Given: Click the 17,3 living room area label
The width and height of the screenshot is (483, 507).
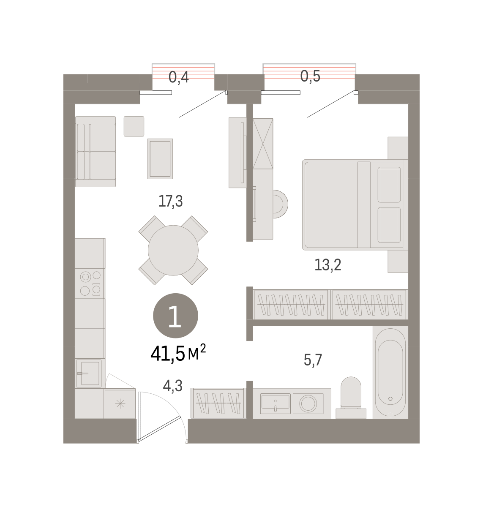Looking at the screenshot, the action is coord(171,201).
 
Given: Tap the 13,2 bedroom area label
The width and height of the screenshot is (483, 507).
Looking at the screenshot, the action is coord(327,264).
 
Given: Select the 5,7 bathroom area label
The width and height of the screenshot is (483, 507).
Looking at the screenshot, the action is coord(313,360).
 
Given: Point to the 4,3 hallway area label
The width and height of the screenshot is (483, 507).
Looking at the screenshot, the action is coord(172,386).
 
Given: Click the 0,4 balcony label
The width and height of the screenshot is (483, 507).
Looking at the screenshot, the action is coord(179,77).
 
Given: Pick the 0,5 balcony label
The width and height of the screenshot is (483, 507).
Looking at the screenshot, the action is coord(310,76).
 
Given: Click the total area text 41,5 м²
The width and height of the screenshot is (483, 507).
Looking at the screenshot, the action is coord(178,353).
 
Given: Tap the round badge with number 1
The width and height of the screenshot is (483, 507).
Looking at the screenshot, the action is coord(175,315).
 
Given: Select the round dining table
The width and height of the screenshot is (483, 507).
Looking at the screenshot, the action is coord(173,250).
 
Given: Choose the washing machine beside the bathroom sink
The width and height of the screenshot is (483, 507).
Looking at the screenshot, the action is coord(308,403).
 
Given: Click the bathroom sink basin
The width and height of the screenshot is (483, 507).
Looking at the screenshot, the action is coord(275,403).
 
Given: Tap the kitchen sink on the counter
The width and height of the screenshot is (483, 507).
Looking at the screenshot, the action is coord(89,373).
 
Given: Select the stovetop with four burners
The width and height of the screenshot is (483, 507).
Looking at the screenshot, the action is coord(90,283).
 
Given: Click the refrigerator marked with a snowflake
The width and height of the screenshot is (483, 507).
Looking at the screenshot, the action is coord(120,403).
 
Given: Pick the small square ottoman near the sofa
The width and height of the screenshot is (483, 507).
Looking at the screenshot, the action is coord(134,126).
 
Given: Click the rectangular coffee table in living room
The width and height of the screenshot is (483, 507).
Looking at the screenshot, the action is coord(160,158).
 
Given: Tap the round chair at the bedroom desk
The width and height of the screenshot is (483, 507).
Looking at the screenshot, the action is coord(280,204).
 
